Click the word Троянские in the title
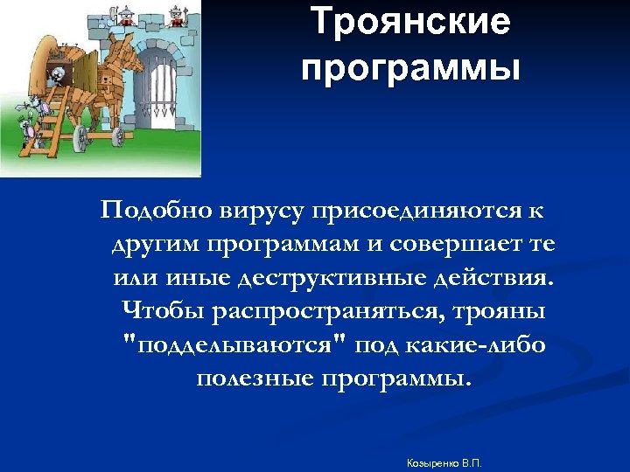click(x=410, y=22)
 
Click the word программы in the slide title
click(x=410, y=68)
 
